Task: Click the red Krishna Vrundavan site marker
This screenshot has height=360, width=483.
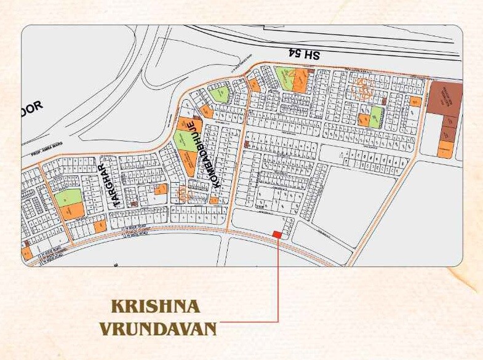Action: pos(277,234)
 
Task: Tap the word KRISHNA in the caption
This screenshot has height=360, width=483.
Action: pos(156,306)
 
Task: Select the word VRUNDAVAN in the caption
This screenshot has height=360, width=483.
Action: pos(158,329)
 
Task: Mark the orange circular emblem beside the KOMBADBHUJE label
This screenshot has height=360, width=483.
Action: pos(183,194)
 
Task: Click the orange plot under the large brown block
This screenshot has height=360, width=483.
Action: pos(446,148)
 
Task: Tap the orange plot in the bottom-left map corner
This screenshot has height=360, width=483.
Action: pos(27,252)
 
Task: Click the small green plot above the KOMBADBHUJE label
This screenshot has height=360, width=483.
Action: pos(220,94)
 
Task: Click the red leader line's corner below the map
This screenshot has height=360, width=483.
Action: pos(278,322)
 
